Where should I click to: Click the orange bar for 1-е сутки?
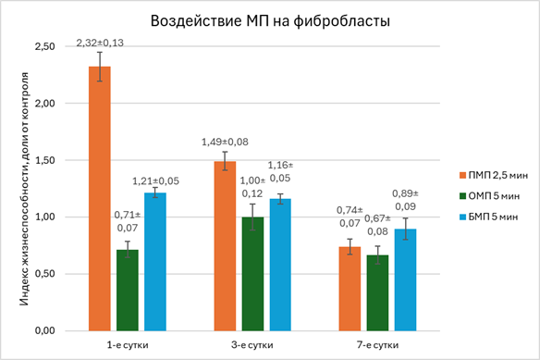pyautogui.click(x=100, y=199)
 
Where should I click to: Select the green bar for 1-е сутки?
pyautogui.click(x=128, y=291)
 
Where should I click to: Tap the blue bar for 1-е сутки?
pyautogui.click(x=155, y=262)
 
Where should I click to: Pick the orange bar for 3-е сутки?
pyautogui.click(x=225, y=246)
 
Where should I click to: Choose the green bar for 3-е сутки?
pyautogui.click(x=252, y=274)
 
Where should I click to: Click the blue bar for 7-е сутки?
pyautogui.click(x=405, y=280)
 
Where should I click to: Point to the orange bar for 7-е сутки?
pyautogui.click(x=350, y=289)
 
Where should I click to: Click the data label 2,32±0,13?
pyautogui.click(x=100, y=43)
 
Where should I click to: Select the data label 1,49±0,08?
pyautogui.click(x=225, y=143)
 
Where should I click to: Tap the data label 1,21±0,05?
pyautogui.click(x=156, y=181)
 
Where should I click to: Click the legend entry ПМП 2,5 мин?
pyautogui.click(x=494, y=176)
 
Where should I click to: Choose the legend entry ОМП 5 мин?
pyautogui.click(x=489, y=196)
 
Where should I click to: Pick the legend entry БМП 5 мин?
pyautogui.click(x=489, y=217)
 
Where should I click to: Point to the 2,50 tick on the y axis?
pyautogui.click(x=44, y=46)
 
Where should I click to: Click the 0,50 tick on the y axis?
pyautogui.click(x=44, y=274)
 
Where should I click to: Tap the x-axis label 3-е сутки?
pyautogui.click(x=252, y=345)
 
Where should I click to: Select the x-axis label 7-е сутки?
pyautogui.click(x=378, y=345)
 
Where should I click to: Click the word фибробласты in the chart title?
pyautogui.click(x=341, y=21)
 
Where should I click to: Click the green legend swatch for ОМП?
pyautogui.click(x=462, y=196)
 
